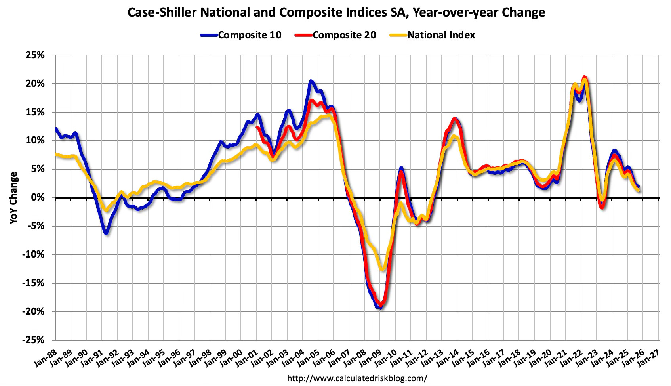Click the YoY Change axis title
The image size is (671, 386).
pos(13,198)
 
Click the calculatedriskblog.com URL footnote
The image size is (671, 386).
pos(357,378)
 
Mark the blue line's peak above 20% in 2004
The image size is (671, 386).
pos(311,81)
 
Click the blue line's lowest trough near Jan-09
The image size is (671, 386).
pos(379,308)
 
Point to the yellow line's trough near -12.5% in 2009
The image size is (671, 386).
pos(382,269)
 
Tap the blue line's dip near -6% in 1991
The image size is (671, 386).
pos(106,233)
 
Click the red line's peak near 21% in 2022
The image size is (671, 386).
pos(584,77)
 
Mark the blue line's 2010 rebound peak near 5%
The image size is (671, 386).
pos(401,168)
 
